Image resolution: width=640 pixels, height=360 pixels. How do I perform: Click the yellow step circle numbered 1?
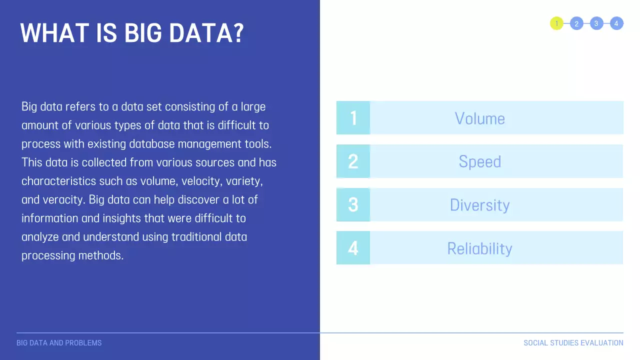(x=556, y=23)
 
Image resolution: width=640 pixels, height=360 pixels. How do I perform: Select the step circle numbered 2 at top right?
(x=576, y=23)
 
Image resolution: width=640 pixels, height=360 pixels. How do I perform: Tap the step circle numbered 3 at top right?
(x=596, y=23)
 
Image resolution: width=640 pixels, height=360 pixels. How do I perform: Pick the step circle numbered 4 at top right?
(x=616, y=23)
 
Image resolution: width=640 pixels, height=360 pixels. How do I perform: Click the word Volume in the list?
(x=479, y=118)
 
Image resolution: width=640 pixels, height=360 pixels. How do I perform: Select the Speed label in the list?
(x=479, y=162)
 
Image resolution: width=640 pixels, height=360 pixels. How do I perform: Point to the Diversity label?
(x=479, y=205)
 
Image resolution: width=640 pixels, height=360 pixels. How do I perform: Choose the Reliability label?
(x=479, y=248)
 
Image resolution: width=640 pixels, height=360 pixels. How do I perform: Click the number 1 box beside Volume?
(x=353, y=118)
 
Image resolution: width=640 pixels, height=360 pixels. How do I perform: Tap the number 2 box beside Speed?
(x=353, y=161)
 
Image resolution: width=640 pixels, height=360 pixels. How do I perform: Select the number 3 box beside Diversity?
(x=353, y=204)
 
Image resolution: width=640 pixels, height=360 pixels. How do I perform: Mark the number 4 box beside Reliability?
(x=353, y=248)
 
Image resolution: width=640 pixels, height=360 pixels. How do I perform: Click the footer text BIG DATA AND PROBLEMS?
(x=59, y=343)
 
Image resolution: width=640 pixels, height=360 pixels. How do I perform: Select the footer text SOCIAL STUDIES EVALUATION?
(x=573, y=343)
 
